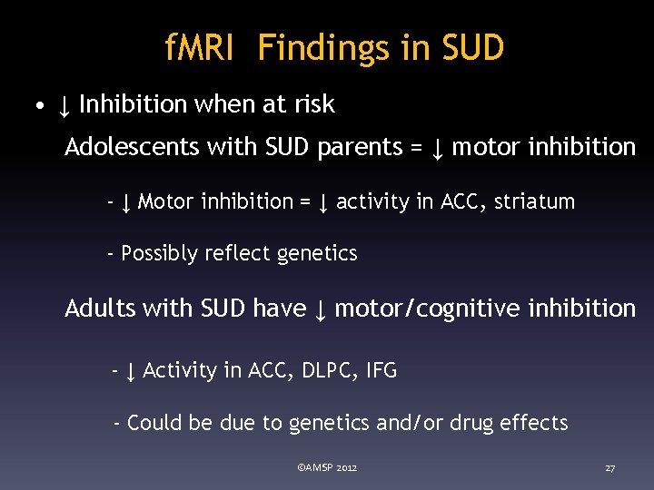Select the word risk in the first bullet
point(314,105)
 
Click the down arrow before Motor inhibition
point(126,202)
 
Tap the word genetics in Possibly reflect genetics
point(316,253)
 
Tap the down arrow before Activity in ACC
point(131,371)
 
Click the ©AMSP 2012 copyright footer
point(327,467)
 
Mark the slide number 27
point(609,468)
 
